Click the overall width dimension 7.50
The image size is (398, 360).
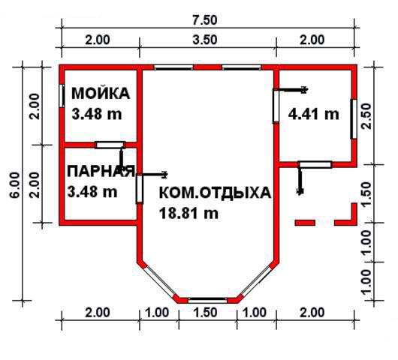pos(204,20)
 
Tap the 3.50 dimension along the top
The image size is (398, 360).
pos(204,40)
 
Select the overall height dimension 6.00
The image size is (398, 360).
pos(14,184)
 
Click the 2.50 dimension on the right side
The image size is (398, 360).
pos(367,117)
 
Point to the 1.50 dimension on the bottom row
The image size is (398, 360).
pos(205,312)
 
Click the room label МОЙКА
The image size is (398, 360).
pos(101,94)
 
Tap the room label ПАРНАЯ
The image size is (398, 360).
pos(101,172)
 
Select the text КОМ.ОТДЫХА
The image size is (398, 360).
pos(215,193)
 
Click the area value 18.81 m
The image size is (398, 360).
pos(188,214)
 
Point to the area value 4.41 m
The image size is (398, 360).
pos(313,114)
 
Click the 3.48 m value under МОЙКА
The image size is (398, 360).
pos(97,114)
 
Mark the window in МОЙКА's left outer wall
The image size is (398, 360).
pos(62,96)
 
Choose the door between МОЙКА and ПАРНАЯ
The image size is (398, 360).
pos(110,145)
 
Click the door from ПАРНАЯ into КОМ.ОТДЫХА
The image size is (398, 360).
pos(140,189)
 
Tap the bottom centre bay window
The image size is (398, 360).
pos(207,301)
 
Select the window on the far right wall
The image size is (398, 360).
pos(354,119)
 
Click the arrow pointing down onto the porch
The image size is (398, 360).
pos(300,181)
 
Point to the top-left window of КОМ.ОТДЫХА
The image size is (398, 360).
pos(173,67)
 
